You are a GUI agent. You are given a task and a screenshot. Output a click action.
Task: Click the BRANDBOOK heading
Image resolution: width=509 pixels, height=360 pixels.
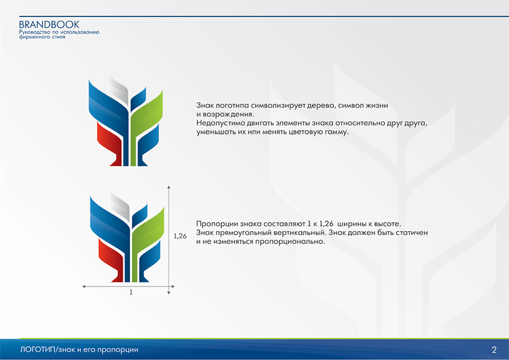pyautogui.click(x=49, y=25)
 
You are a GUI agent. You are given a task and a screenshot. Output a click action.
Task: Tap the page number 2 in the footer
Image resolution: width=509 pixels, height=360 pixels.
pyautogui.click(x=494, y=350)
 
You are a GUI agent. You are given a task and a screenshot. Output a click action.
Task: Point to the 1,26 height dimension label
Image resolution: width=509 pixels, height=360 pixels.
pyautogui.click(x=180, y=236)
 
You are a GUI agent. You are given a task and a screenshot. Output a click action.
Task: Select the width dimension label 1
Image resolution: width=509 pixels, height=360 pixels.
pyautogui.click(x=131, y=292)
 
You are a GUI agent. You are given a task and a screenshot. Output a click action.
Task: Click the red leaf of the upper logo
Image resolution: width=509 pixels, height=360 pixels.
pyautogui.click(x=110, y=143)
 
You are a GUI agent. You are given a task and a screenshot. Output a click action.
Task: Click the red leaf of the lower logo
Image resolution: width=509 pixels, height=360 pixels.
pyautogui.click(x=111, y=259)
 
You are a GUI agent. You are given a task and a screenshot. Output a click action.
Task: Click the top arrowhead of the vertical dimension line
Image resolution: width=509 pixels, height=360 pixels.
pyautogui.click(x=169, y=188)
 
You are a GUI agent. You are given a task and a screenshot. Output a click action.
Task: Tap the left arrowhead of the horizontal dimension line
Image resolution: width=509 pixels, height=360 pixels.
pyautogui.click(x=84, y=287)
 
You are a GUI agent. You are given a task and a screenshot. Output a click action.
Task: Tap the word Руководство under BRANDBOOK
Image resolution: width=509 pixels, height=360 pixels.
pyautogui.click(x=34, y=32)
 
